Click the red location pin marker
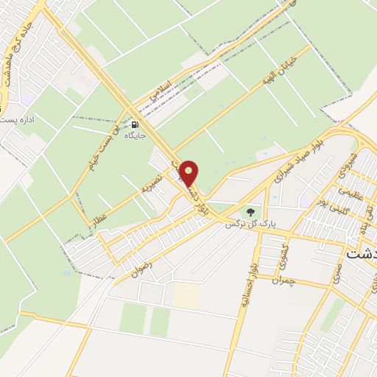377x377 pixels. [189, 173]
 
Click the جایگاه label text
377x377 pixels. [133, 135]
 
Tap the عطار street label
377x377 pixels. [97, 215]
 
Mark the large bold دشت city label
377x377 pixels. [360, 253]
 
